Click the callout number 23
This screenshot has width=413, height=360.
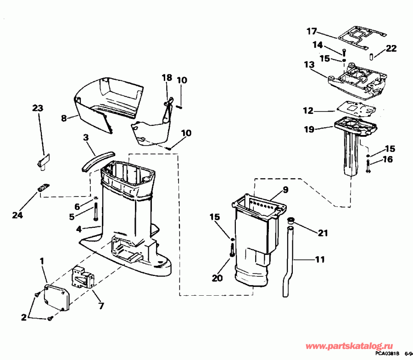[x=38, y=108]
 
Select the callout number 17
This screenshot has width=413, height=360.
[x=312, y=32]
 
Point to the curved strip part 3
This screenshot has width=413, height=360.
[x=95, y=158]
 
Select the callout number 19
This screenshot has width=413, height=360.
[x=309, y=129]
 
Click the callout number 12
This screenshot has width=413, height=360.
[x=308, y=111]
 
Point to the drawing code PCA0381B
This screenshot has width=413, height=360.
[x=386, y=354]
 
